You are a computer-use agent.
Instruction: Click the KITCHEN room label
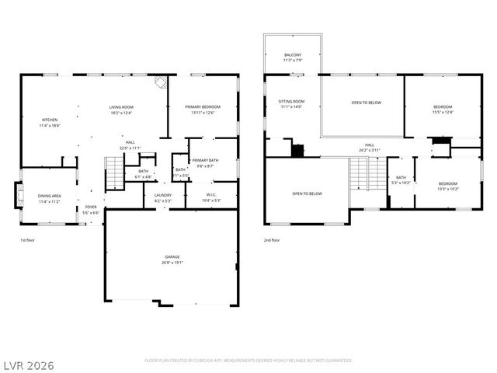[x=50, y=120]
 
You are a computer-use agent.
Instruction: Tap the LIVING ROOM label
[x=121, y=106]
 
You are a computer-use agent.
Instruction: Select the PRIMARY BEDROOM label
[x=203, y=106]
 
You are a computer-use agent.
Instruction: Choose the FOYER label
[x=91, y=207]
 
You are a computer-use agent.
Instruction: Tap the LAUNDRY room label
[x=162, y=195]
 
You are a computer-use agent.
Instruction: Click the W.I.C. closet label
[x=211, y=195]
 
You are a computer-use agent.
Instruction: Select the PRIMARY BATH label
[x=206, y=160]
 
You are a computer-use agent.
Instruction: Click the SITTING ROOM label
[x=291, y=102]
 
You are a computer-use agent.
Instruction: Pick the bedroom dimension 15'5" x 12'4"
[x=443, y=112]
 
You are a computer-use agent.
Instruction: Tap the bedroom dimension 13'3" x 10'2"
[x=448, y=189]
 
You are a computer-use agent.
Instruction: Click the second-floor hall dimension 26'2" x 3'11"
[x=370, y=150]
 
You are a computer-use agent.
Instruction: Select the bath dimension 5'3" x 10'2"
[x=401, y=183]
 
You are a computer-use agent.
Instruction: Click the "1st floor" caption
[x=28, y=240]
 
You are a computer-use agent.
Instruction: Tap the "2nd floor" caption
[x=273, y=240]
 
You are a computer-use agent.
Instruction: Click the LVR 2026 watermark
[x=28, y=363]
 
